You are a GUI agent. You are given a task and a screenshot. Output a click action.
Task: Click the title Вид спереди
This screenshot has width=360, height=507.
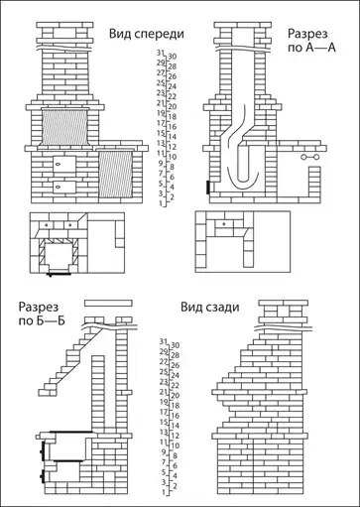point(147,35)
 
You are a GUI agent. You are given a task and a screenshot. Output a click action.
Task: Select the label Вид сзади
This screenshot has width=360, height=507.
point(209,308)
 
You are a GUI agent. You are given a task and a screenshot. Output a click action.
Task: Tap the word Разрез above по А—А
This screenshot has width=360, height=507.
point(307,34)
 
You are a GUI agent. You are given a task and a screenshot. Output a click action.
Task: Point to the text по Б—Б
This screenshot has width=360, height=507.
point(42,320)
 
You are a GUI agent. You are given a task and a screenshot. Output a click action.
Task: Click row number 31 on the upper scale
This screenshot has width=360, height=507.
point(161,53)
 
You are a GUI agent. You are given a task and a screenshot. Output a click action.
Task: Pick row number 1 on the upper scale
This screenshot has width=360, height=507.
point(161,202)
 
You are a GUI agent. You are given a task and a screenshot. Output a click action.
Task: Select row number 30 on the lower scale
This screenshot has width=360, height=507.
point(176,345)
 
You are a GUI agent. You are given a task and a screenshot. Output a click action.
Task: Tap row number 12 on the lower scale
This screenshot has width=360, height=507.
point(175,436)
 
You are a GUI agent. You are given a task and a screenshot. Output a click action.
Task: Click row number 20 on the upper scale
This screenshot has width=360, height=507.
point(173,106)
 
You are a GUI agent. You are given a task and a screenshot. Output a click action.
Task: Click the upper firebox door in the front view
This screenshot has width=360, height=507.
point(64,164)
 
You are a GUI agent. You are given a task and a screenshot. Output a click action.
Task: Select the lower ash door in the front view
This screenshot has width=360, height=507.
point(64,187)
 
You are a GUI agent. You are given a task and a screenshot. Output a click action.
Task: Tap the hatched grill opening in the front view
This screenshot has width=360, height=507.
point(64,127)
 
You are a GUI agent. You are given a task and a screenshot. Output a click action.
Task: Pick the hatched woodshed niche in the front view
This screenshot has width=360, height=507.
point(115,175)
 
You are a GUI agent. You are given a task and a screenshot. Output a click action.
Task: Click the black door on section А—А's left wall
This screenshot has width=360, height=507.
point(208,187)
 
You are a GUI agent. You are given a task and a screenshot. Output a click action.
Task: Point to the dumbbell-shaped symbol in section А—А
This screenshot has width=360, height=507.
point(310,157)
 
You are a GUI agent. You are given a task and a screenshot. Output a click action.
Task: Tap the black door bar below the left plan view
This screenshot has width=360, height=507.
point(60,274)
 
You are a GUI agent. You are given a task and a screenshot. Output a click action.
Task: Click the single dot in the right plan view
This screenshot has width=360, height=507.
point(224,224)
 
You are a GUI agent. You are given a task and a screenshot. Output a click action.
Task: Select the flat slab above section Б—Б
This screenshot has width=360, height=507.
point(108,303)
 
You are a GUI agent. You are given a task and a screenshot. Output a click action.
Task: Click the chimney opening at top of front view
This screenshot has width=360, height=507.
point(64,33)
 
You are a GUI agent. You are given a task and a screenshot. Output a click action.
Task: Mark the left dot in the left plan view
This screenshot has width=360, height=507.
point(47,225)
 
